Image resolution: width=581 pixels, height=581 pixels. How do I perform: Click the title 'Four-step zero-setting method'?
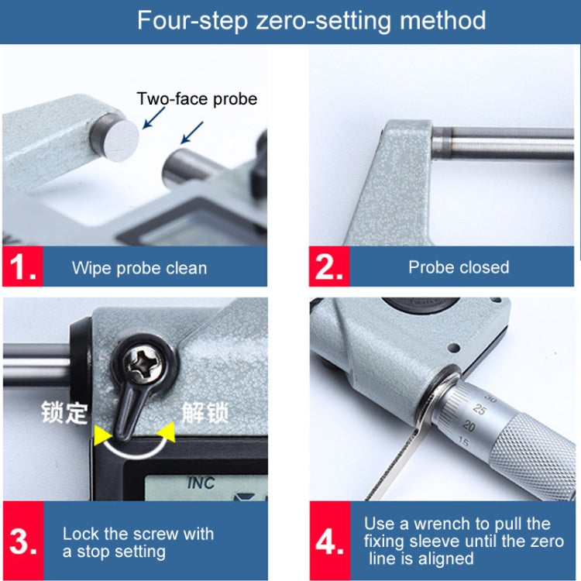(311, 20)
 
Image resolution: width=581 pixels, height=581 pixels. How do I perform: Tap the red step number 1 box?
(22, 266)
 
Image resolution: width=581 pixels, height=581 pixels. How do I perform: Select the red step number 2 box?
(329, 266)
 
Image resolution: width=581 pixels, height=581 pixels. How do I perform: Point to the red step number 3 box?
(23, 541)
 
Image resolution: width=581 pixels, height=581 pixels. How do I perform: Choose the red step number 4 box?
(330, 541)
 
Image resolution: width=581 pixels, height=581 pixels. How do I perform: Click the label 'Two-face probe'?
(197, 99)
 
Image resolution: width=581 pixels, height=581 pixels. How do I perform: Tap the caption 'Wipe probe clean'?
(139, 268)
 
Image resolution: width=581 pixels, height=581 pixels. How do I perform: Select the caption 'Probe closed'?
(459, 267)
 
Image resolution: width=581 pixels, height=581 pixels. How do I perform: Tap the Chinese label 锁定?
(64, 412)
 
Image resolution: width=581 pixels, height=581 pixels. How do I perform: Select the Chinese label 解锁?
(205, 412)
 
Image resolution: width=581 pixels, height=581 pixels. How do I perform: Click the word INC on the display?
(201, 483)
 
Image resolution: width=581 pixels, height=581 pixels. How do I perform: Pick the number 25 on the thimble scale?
(479, 410)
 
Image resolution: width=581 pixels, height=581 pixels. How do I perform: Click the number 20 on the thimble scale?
(469, 426)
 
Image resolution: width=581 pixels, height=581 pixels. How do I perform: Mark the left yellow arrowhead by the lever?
(102, 435)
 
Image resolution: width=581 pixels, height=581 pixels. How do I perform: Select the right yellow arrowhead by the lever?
(167, 432)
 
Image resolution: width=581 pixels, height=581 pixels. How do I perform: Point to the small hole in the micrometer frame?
(453, 348)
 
